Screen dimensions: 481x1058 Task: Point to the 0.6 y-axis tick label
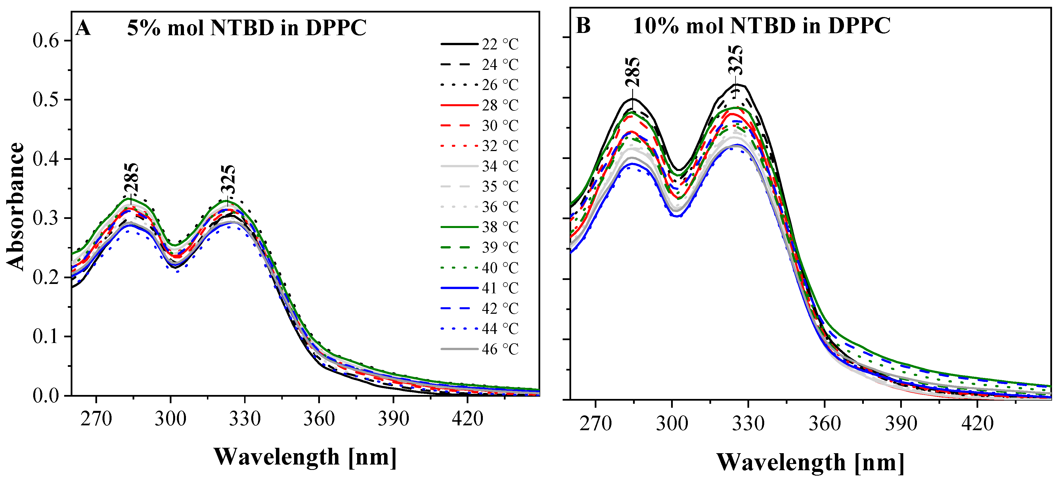[46, 41]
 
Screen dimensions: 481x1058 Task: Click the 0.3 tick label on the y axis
[46, 218]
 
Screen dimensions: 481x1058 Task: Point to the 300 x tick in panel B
[672, 423]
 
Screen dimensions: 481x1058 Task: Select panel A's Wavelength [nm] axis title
[305, 457]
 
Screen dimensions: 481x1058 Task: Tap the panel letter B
[583, 26]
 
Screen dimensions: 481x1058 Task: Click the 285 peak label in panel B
[632, 72]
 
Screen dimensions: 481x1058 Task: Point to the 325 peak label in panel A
[228, 179]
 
